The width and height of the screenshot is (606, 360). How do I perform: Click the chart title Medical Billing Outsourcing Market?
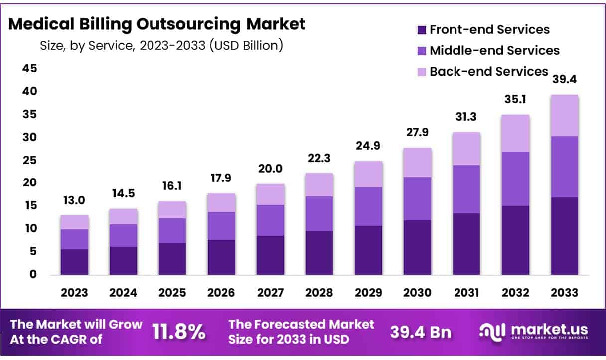[157, 24]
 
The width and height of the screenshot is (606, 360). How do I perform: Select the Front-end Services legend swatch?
[421, 30]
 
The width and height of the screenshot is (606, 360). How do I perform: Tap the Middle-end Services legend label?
[494, 50]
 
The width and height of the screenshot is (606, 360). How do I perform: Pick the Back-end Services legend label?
[488, 71]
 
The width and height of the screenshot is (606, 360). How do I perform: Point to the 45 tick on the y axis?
[30, 69]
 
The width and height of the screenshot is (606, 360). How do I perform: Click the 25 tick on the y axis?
[30, 160]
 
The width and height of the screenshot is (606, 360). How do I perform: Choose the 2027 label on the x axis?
[271, 293]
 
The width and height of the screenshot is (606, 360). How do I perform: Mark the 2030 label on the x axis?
[418, 293]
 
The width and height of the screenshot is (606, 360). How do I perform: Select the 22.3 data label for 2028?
[319, 159]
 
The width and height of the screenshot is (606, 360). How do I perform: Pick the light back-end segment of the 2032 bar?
[515, 133]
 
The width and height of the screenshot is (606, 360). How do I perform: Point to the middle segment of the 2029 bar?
[368, 206]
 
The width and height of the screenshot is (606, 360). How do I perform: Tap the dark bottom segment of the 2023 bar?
[74, 262]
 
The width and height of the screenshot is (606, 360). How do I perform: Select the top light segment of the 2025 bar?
[172, 210]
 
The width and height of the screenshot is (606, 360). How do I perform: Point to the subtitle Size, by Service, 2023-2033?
[161, 46]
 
